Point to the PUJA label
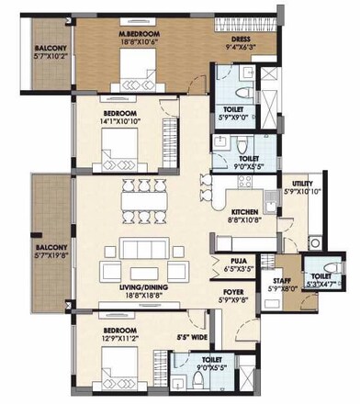coord(238,262)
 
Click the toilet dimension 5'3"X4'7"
coord(318,284)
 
